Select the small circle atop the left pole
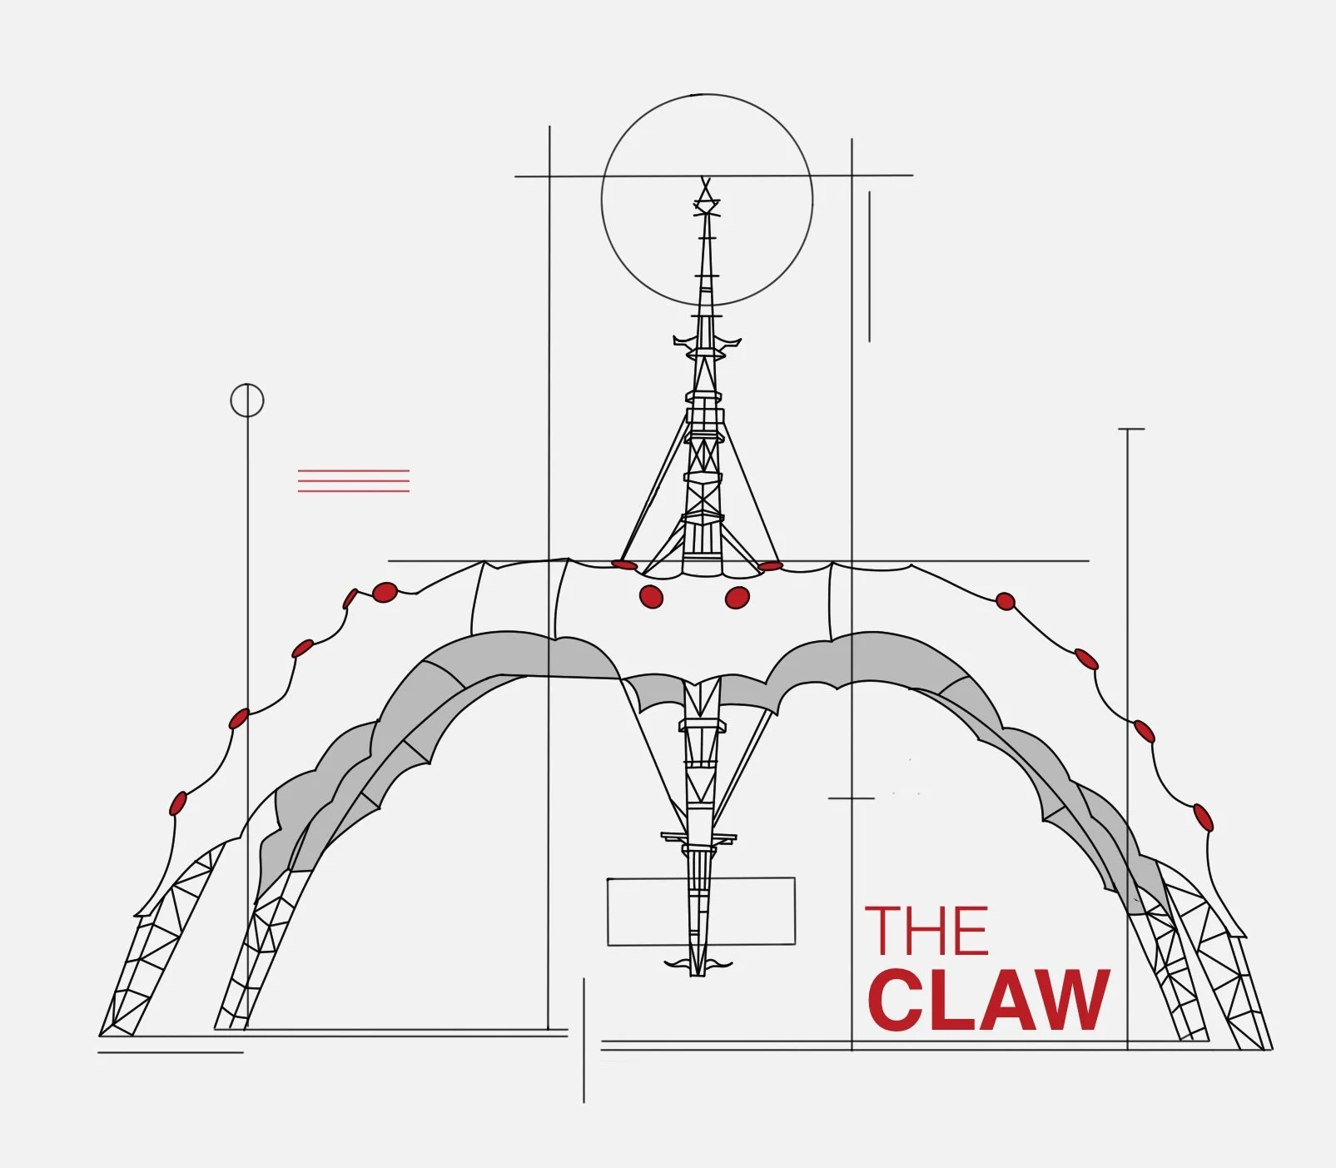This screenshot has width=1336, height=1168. [247, 400]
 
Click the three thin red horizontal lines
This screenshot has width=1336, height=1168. [354, 480]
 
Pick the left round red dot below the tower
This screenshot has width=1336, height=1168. [651, 596]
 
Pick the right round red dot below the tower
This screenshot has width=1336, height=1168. [738, 597]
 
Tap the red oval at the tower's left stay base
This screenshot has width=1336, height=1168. [624, 564]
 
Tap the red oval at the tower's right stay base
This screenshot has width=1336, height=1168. [771, 566]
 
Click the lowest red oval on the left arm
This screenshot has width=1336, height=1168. [178, 803]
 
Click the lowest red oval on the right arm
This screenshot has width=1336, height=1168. [1204, 817]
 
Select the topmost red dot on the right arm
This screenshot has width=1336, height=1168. [1006, 601]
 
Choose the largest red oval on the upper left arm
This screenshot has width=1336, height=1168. [385, 592]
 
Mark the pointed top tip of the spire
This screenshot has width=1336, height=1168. [706, 179]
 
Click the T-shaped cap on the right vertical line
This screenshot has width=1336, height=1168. [1130, 430]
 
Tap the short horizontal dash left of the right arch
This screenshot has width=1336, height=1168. [851, 798]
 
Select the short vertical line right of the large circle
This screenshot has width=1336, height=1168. [869, 266]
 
